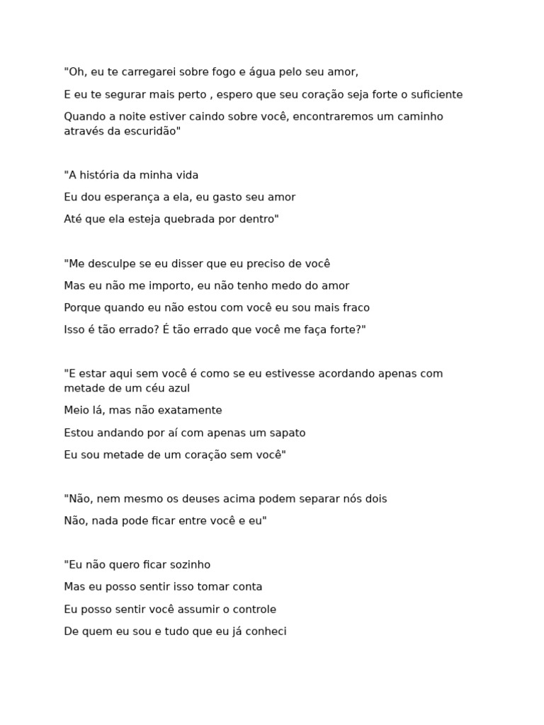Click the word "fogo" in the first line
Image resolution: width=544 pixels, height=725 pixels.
tap(215, 72)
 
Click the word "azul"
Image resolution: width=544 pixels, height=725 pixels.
tap(177, 389)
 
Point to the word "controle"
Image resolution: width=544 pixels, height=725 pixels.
tap(250, 610)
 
